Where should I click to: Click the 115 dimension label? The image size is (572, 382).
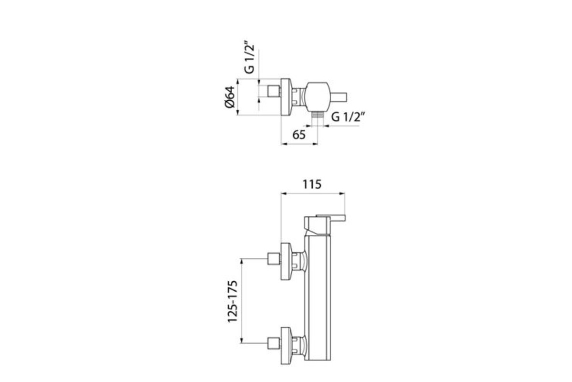[312, 184]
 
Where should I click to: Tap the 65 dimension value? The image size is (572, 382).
[299, 135]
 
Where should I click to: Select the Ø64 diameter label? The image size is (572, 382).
[230, 97]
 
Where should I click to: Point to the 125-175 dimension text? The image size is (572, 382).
[233, 301]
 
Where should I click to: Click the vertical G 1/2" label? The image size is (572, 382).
[249, 57]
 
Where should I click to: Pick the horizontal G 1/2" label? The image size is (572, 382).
[348, 117]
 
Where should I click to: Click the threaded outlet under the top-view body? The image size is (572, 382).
[317, 115]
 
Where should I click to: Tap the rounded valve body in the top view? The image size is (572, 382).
[318, 97]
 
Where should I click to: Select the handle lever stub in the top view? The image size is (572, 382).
[338, 97]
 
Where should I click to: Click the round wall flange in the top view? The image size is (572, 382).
[286, 97]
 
